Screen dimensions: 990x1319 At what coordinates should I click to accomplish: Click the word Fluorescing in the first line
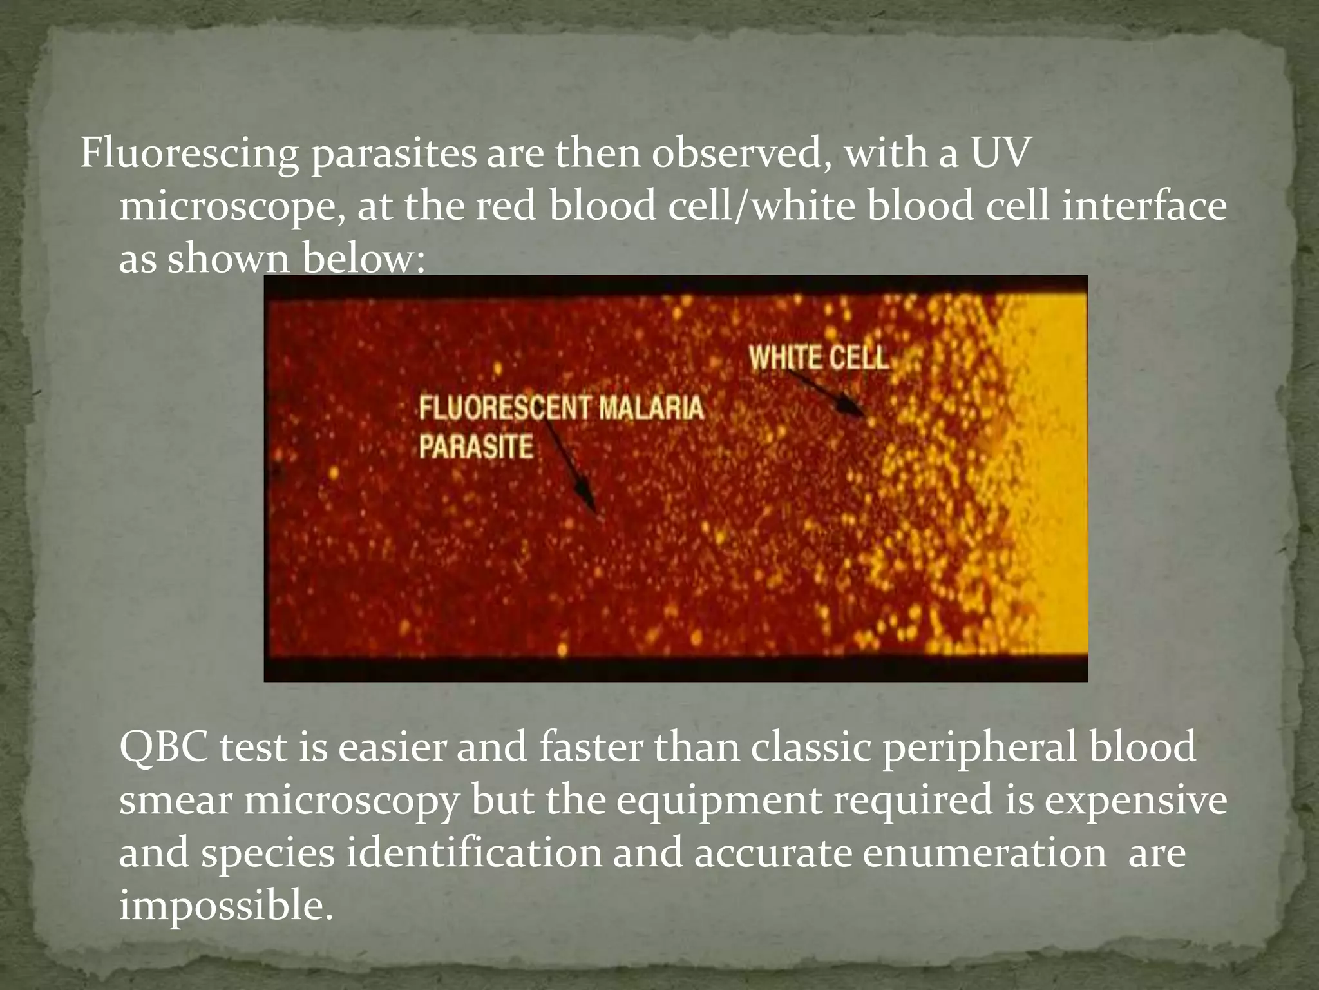pyautogui.click(x=189, y=155)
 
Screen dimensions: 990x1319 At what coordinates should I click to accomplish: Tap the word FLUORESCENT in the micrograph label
pyautogui.click(x=504, y=409)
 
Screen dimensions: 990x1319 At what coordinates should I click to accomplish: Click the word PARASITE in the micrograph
pyautogui.click(x=476, y=447)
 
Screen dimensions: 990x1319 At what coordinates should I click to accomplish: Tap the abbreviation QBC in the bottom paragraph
pyautogui.click(x=164, y=748)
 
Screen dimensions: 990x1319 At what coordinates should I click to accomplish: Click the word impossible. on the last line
pyautogui.click(x=226, y=906)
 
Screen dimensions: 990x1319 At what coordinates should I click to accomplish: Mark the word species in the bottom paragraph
pyautogui.click(x=268, y=853)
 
